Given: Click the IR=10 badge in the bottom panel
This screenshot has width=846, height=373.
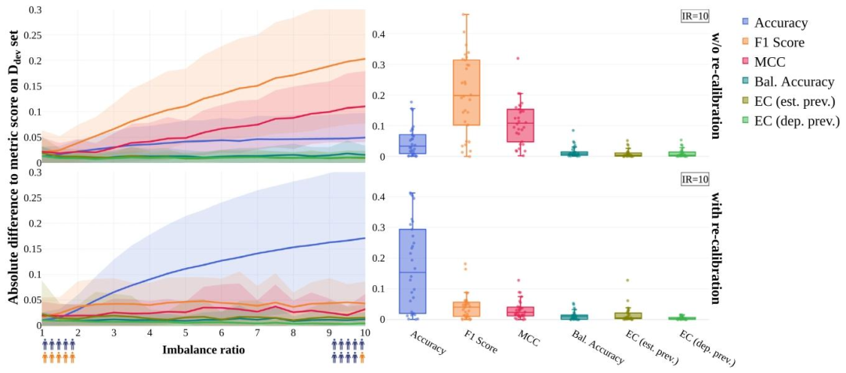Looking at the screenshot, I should [696, 179].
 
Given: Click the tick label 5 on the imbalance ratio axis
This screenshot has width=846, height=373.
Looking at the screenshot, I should [186, 333].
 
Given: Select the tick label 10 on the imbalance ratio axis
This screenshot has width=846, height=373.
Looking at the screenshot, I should [364, 333].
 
